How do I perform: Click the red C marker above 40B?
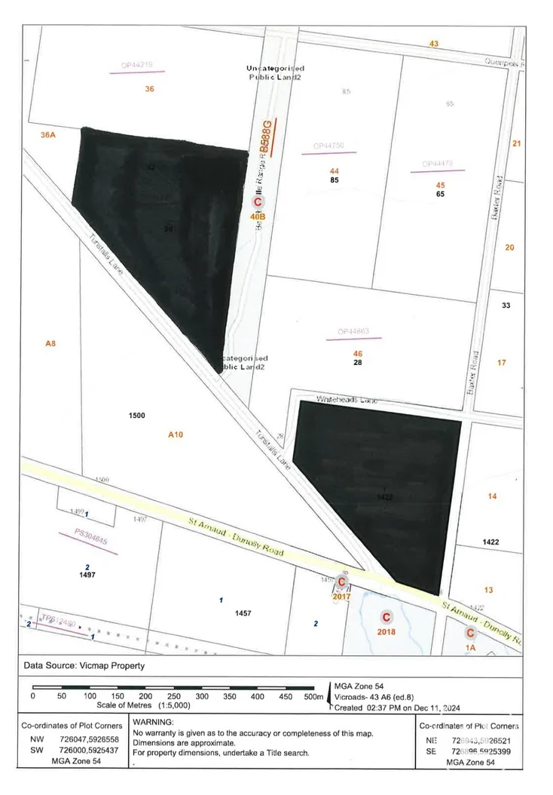(x=258, y=203)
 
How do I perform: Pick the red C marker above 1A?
(x=470, y=634)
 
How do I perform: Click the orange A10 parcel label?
(x=176, y=434)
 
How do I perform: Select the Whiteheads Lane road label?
(x=347, y=399)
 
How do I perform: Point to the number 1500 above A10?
(x=137, y=416)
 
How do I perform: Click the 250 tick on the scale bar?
(x=174, y=698)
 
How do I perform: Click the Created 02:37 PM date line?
(x=397, y=708)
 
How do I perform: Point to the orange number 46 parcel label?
(x=358, y=353)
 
